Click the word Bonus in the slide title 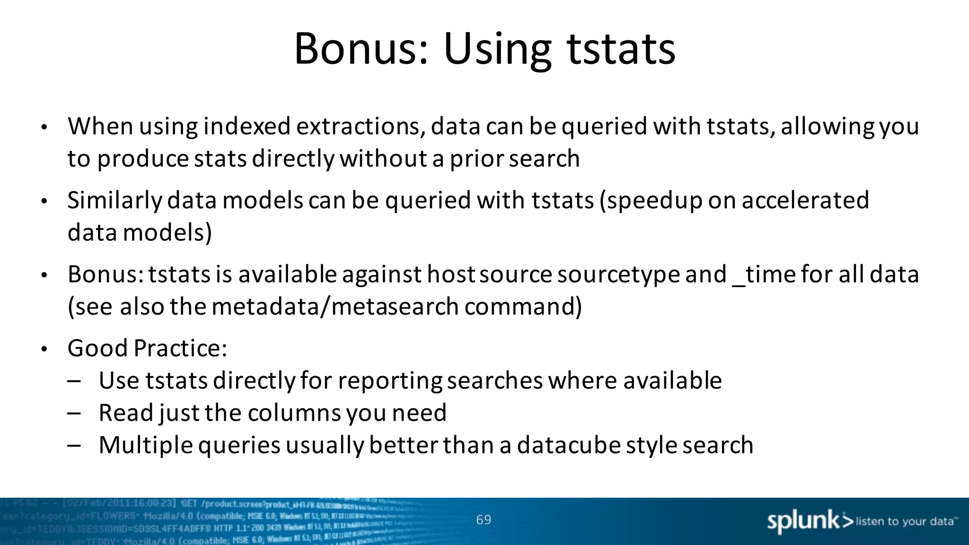click(361, 49)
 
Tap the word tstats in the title click(621, 49)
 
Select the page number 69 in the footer click(484, 519)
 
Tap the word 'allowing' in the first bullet click(827, 126)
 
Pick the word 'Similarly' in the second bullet click(115, 201)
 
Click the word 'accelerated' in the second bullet click(805, 201)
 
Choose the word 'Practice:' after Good click(180, 348)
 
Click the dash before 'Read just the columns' click(74, 413)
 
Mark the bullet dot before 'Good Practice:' click(44, 350)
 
